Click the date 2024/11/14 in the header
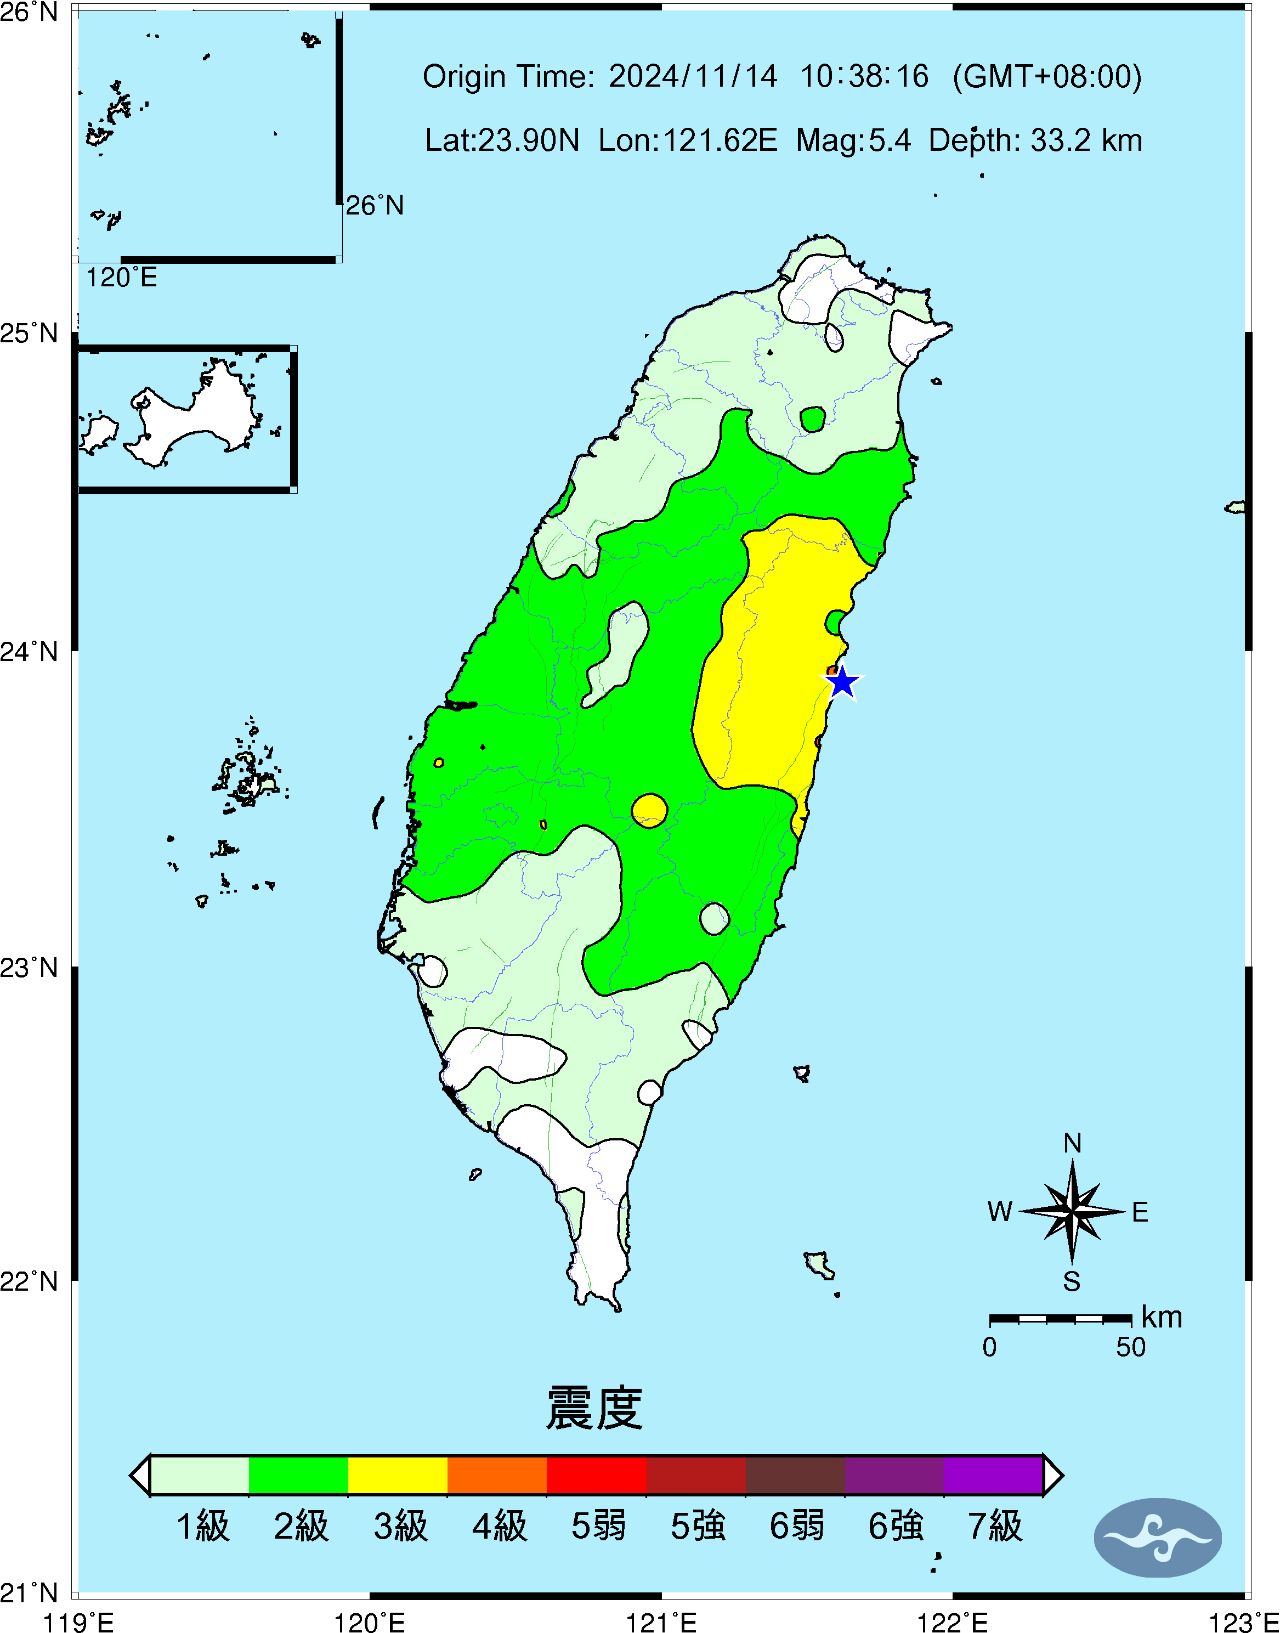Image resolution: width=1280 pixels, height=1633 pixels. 693,76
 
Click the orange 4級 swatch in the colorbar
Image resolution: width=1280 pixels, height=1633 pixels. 497,1475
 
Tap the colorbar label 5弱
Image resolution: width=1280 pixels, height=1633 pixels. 598,1527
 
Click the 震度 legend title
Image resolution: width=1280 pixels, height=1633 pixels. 594,1408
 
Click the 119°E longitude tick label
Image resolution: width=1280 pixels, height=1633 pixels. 78,1623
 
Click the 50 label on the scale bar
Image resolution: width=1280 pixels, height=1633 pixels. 1130,1347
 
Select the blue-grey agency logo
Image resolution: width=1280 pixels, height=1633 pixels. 1158,1538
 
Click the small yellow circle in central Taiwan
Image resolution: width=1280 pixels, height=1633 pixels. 649,810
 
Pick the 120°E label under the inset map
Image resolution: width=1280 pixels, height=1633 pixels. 121,278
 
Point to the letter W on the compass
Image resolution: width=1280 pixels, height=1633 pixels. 1000,1212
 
